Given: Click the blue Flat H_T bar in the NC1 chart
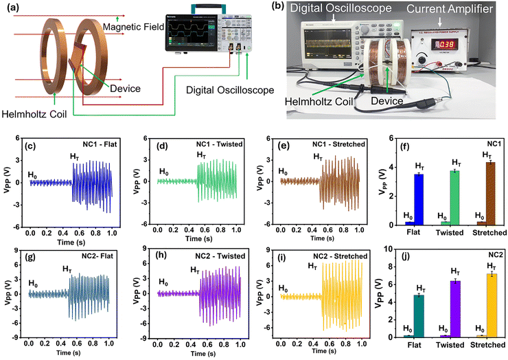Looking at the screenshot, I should point(418,199).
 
